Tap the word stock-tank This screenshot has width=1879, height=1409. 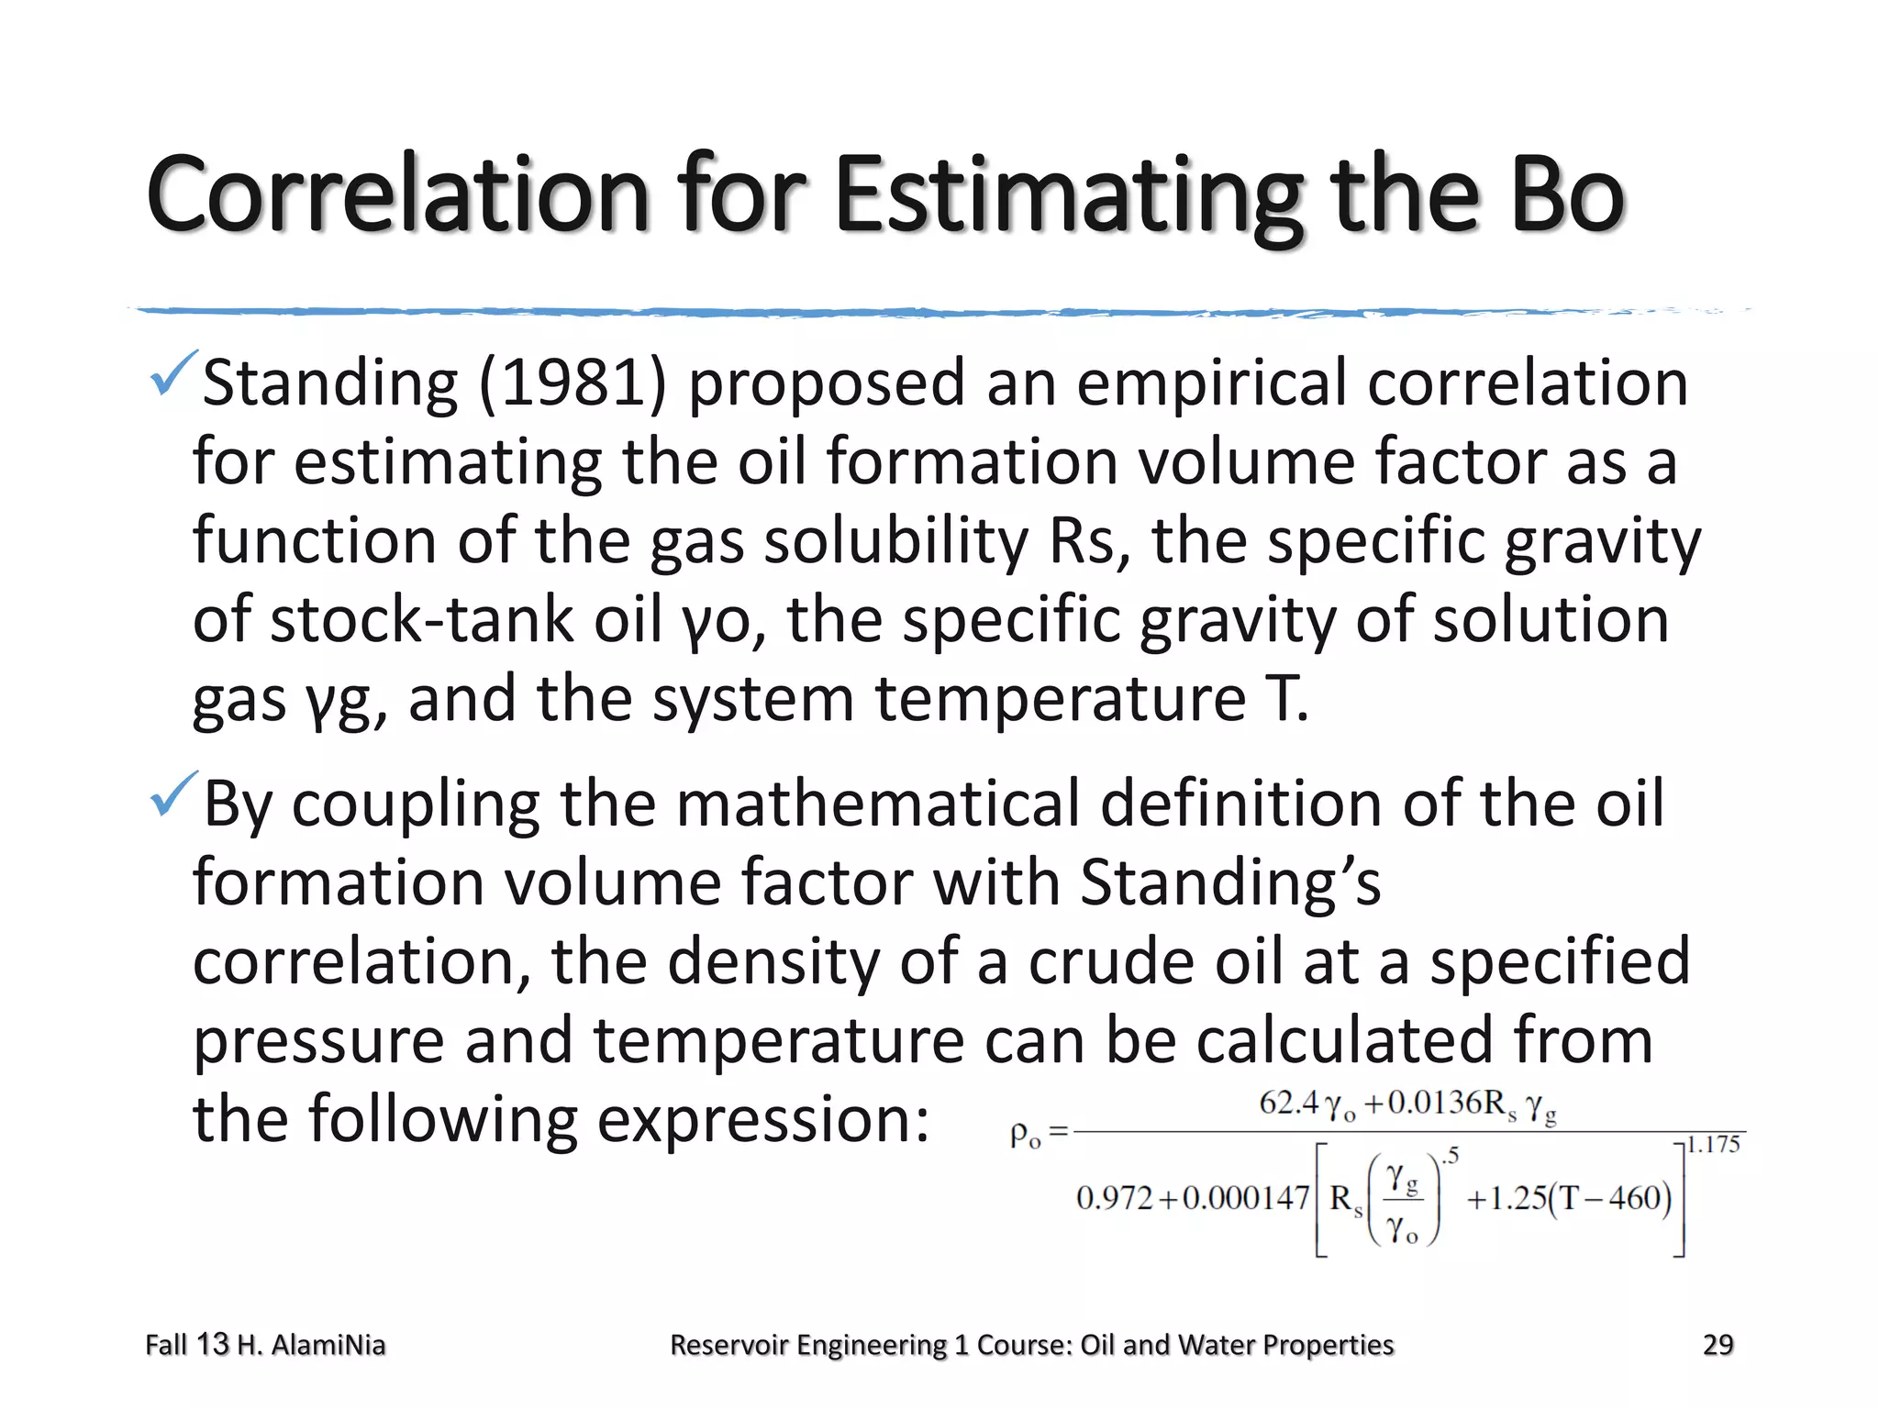(x=421, y=620)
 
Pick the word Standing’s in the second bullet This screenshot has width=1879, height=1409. (x=1229, y=882)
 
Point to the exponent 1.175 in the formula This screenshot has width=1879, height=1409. (x=1713, y=1145)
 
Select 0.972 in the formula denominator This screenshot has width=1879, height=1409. (x=1114, y=1198)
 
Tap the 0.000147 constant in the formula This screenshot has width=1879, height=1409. (x=1246, y=1198)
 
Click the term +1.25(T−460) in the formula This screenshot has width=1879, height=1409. (x=1569, y=1198)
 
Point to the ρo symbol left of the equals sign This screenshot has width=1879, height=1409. (x=1025, y=1135)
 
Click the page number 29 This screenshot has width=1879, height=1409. (x=1718, y=1345)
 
